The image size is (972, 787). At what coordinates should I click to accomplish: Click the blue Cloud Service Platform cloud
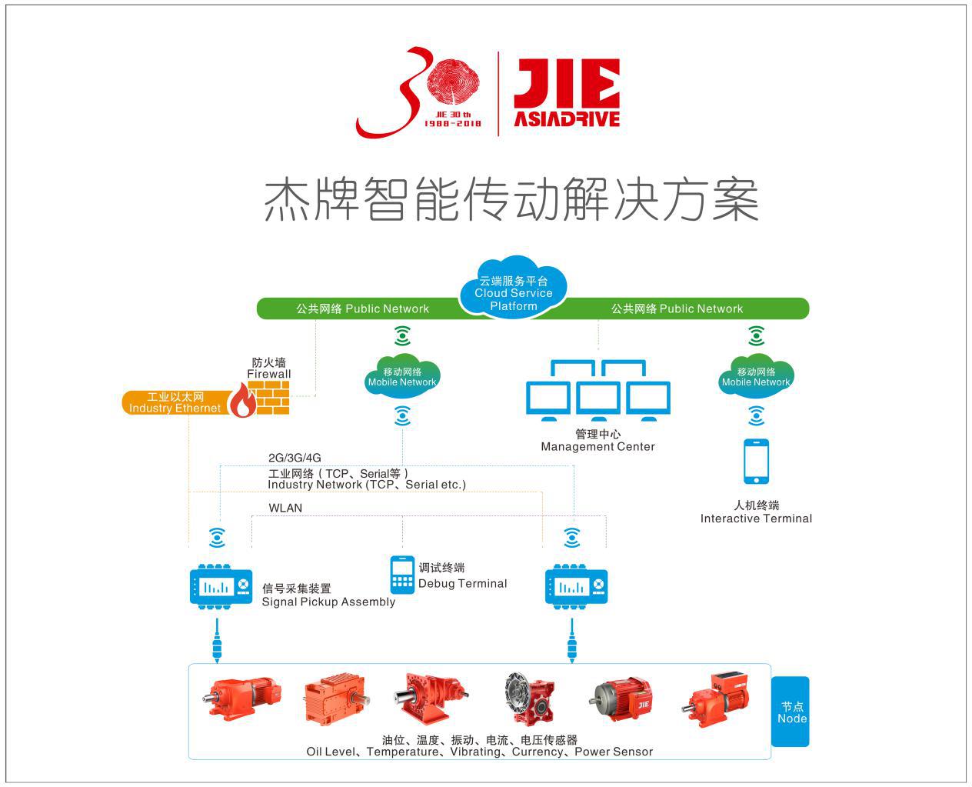(x=514, y=287)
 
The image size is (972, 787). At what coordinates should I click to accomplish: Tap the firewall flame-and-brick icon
(x=259, y=398)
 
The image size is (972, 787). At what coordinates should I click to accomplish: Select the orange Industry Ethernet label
(x=175, y=402)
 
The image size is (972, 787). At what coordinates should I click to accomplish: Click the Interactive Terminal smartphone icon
(x=756, y=461)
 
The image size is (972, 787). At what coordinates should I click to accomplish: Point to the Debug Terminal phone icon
(x=402, y=575)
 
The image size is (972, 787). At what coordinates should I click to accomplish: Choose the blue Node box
(x=790, y=712)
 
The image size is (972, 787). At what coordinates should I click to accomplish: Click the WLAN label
(x=285, y=508)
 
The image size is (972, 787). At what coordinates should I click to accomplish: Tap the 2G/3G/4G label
(x=295, y=458)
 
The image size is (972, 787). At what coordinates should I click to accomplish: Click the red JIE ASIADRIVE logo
(x=567, y=92)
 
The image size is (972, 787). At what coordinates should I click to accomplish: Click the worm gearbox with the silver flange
(x=529, y=698)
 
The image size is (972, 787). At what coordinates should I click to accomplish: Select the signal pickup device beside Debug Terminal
(x=576, y=587)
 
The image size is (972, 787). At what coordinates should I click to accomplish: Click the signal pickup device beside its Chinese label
(x=221, y=587)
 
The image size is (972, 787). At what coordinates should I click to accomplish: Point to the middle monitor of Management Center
(x=598, y=400)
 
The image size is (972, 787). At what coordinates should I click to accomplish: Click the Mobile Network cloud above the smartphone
(x=756, y=377)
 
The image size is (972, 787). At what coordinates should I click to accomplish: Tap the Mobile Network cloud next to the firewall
(x=402, y=377)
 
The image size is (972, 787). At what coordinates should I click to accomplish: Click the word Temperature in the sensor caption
(x=402, y=752)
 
